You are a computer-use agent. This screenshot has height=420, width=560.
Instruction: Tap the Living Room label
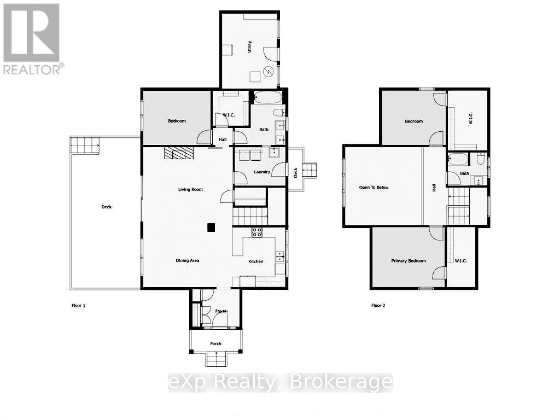coord(190,190)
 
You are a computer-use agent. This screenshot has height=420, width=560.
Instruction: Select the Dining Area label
coord(187,261)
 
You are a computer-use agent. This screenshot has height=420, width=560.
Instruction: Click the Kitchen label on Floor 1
coord(255,261)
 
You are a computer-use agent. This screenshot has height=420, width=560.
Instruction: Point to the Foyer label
coord(221,311)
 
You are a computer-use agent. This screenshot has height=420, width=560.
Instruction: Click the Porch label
coord(216,343)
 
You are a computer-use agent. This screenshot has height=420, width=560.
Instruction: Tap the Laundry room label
coord(262,172)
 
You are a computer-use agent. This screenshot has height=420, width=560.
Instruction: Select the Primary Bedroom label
coord(408,261)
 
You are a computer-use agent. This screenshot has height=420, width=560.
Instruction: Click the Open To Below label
coord(374,188)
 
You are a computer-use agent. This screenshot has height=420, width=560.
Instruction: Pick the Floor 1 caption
coord(78,305)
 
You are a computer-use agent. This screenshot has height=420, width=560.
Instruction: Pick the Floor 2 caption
coord(378,305)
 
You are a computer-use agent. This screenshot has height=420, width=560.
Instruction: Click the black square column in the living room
coord(211,228)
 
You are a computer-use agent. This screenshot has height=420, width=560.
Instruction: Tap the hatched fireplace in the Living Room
coord(179,153)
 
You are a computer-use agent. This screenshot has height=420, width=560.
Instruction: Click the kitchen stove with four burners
coord(257,232)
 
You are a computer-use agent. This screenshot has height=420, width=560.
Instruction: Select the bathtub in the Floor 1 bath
coord(268,98)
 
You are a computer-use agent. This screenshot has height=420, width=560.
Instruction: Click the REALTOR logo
coord(32,38)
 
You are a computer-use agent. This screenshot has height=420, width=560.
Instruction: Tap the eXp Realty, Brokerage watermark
coord(280,382)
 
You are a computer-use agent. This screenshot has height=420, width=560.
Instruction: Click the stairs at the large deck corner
coord(84,145)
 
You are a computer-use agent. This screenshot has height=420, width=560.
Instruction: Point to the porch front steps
coord(216,359)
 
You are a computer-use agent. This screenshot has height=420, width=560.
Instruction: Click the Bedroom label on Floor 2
coord(413,121)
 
